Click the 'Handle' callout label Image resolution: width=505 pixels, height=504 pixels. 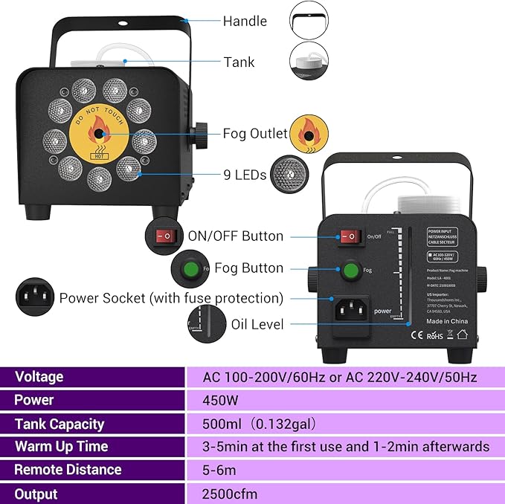245,22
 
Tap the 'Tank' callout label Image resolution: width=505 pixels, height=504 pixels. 239,62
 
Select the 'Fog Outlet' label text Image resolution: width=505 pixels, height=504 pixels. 255,134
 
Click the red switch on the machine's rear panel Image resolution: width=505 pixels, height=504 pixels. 350,236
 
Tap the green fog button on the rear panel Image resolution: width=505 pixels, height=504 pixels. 350,271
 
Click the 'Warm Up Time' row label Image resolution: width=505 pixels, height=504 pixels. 62,446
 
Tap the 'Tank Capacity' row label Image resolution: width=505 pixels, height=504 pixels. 60,424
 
